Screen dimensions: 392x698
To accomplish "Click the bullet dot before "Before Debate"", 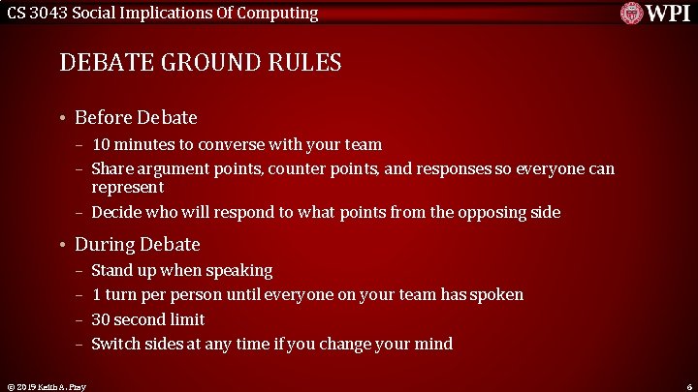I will tap(61, 118).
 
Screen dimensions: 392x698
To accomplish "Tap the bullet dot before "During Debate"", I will tap(61, 245).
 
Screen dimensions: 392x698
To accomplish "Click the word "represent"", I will tap(127, 187).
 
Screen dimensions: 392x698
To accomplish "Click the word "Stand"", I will tap(113, 270).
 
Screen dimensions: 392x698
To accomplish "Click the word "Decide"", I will tap(117, 212).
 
